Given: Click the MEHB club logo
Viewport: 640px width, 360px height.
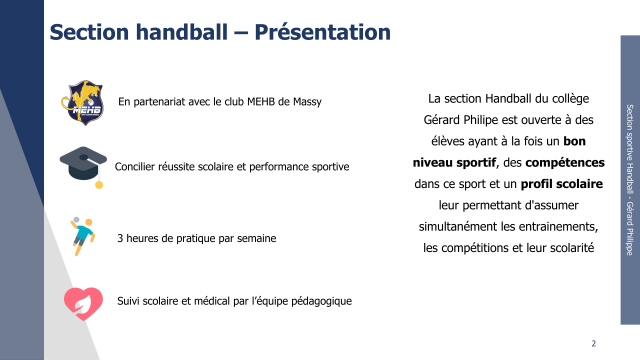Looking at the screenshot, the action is (83, 102).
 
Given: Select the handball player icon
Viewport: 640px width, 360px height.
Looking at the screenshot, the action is (83, 236).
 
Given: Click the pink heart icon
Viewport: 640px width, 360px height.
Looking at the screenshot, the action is (83, 304).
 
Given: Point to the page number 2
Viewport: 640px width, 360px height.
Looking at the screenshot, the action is (593, 343).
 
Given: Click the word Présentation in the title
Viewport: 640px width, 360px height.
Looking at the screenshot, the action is (322, 32).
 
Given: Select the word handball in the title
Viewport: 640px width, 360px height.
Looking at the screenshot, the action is (182, 32).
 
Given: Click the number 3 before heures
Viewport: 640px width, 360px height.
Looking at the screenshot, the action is (120, 238).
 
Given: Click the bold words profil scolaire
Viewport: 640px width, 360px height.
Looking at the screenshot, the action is (562, 184).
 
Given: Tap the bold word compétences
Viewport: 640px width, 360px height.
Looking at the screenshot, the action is (565, 163).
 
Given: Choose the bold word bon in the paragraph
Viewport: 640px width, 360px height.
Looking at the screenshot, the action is (574, 141).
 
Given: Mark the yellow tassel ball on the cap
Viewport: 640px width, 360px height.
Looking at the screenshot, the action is (99, 185).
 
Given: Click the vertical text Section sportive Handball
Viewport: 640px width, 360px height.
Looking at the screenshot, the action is (630, 147).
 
